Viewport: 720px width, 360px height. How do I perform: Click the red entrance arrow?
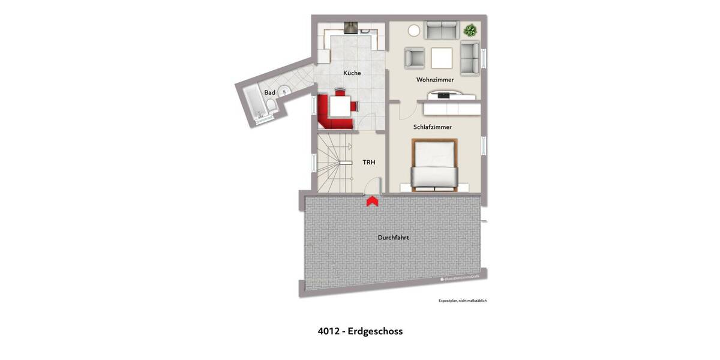pos(372,201)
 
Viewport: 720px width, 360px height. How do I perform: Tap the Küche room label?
pos(352,73)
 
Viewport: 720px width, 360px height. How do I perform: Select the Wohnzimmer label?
pos(434,80)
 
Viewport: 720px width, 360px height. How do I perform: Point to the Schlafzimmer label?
pos(432,127)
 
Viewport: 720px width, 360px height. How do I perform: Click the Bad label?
pos(270,92)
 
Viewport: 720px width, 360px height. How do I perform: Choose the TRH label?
pos(368,162)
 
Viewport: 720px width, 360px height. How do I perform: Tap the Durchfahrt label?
pos(394,238)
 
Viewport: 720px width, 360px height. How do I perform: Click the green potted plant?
pos(470,29)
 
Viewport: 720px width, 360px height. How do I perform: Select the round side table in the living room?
pos(414,30)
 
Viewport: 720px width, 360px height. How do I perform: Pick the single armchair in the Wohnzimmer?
pos(415,57)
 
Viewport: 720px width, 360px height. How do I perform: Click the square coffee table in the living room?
pos(442,57)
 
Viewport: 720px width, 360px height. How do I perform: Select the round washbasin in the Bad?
pos(283,91)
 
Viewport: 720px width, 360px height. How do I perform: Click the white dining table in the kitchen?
pos(340,106)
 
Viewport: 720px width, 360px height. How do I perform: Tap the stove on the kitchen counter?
pos(349,27)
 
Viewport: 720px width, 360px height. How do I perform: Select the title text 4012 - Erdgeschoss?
pos(360,331)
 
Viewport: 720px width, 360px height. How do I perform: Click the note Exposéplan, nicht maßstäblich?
pos(462,300)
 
